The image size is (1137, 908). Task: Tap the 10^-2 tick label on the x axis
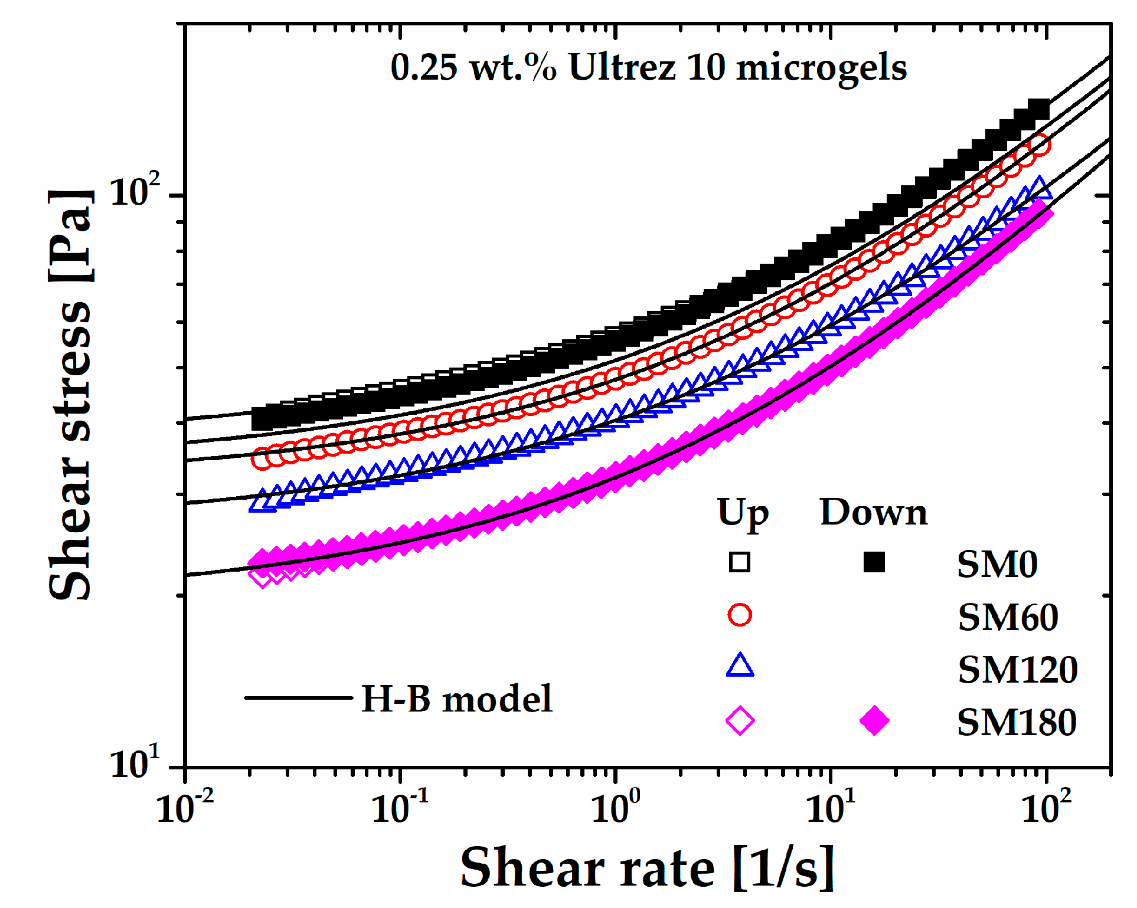[x=184, y=808]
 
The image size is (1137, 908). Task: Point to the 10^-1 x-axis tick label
[x=400, y=808]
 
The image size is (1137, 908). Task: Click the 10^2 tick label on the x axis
[x=1046, y=808]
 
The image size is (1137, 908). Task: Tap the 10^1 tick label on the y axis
[x=135, y=763]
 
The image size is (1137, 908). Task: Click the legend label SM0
[x=997, y=565]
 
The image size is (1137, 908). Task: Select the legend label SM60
[x=1008, y=618]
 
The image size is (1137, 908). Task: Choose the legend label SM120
[x=1018, y=670]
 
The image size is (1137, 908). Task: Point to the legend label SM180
[x=1017, y=723]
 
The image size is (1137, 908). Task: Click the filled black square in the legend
[x=874, y=562]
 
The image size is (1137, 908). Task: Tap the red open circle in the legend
[x=740, y=615]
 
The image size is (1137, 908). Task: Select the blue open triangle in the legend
[x=740, y=666]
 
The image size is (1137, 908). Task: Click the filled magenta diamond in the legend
[x=874, y=720]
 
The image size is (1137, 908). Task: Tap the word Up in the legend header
[x=743, y=514]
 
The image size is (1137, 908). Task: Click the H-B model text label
[x=456, y=699]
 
